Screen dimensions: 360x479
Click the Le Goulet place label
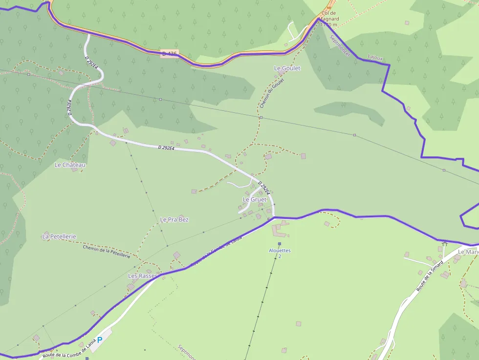coord(287,68)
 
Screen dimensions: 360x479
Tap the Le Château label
coord(70,165)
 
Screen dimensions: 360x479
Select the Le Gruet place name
coord(255,200)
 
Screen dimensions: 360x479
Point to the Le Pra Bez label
coord(174,220)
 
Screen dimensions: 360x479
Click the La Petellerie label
coord(59,236)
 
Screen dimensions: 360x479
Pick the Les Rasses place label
coord(142,276)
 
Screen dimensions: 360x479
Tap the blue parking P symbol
coord(100,339)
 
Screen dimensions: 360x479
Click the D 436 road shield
coord(169,53)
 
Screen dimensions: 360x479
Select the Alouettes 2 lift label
coord(280,253)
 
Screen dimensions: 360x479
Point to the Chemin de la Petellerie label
coord(107,251)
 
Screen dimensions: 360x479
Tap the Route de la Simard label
coord(430,276)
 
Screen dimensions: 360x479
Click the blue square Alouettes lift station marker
coord(280,244)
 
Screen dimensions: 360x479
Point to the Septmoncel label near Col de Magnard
coord(340,45)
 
